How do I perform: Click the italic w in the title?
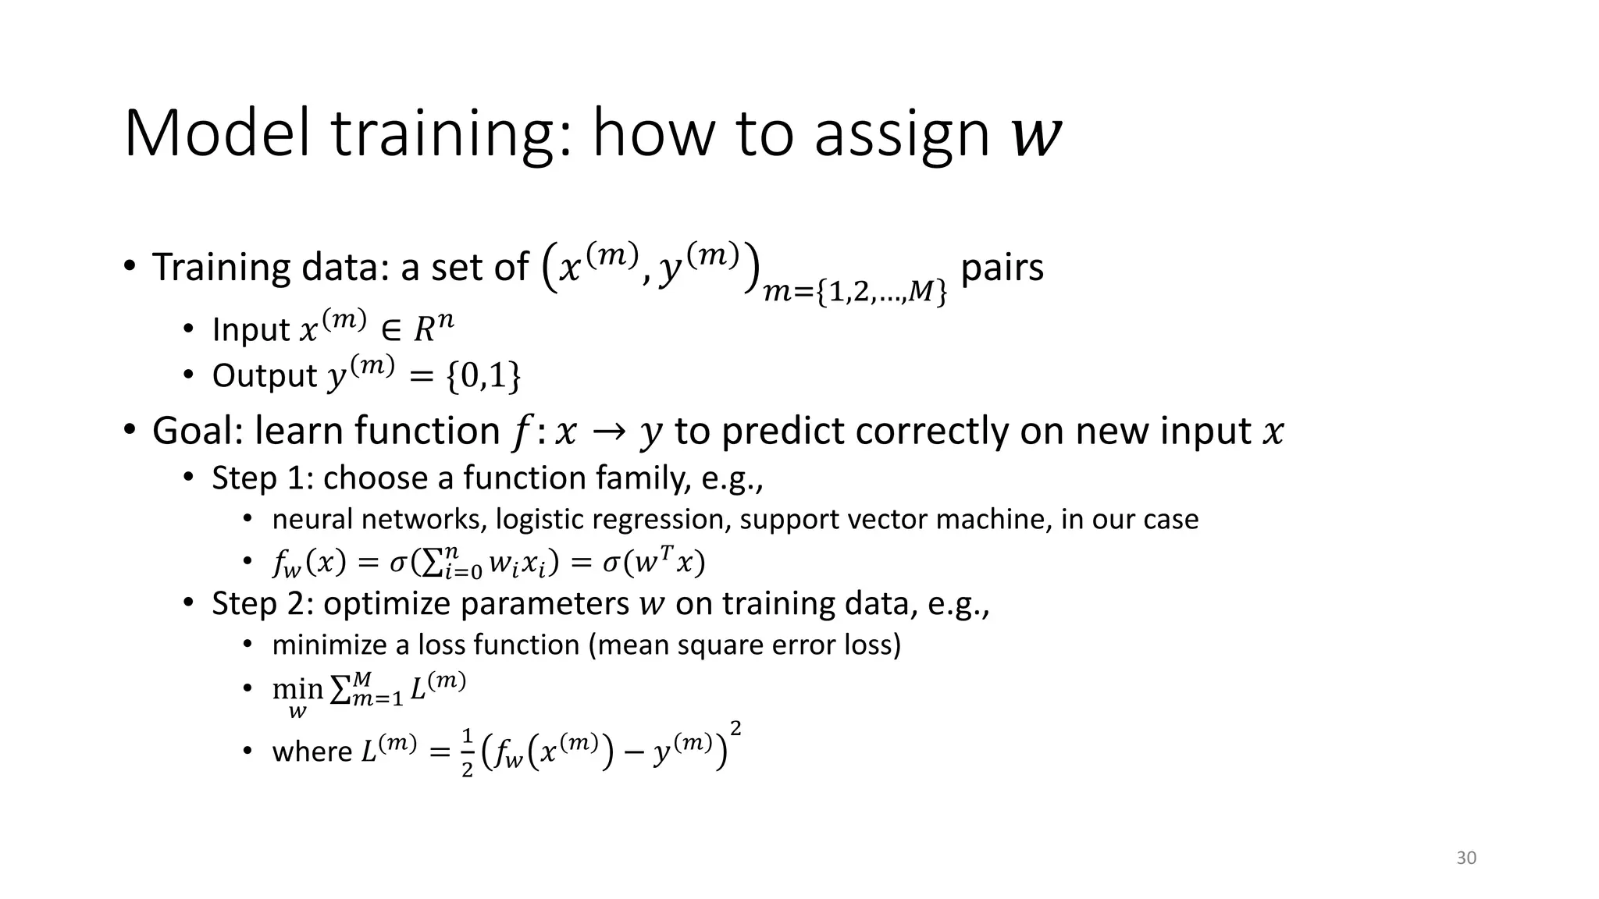(1036, 136)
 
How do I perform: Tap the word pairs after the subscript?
(1002, 268)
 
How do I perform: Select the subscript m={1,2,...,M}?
(855, 293)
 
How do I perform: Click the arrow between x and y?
(607, 432)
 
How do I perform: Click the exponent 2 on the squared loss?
(735, 729)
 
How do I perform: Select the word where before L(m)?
(312, 752)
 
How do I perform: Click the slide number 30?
(1466, 858)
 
